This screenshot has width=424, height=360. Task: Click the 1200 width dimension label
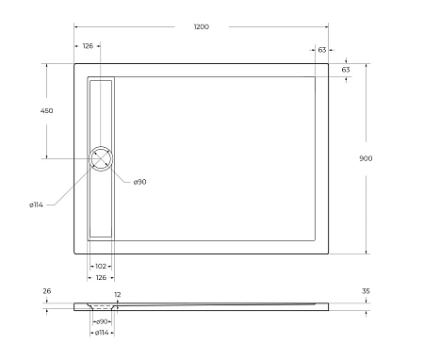click(201, 26)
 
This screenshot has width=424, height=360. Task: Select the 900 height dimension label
click(366, 158)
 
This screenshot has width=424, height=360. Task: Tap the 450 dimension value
click(46, 111)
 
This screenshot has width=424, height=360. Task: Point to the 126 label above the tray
click(88, 46)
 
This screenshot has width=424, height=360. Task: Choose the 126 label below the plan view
click(101, 277)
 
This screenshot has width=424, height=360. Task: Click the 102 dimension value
click(101, 267)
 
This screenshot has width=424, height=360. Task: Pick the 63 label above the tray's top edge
click(322, 49)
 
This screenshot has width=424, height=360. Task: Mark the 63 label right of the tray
click(346, 70)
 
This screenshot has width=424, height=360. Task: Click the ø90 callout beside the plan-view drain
click(139, 181)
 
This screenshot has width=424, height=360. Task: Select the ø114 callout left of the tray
click(36, 205)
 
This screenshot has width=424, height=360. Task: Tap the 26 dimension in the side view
click(46, 291)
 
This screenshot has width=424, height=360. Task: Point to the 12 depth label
click(118, 295)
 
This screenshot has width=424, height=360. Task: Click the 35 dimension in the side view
click(366, 291)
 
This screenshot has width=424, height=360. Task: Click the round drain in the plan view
click(101, 158)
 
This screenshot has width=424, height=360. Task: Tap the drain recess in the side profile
click(101, 307)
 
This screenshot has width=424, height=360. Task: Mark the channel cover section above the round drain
click(101, 111)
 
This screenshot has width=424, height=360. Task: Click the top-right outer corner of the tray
click(329, 64)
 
